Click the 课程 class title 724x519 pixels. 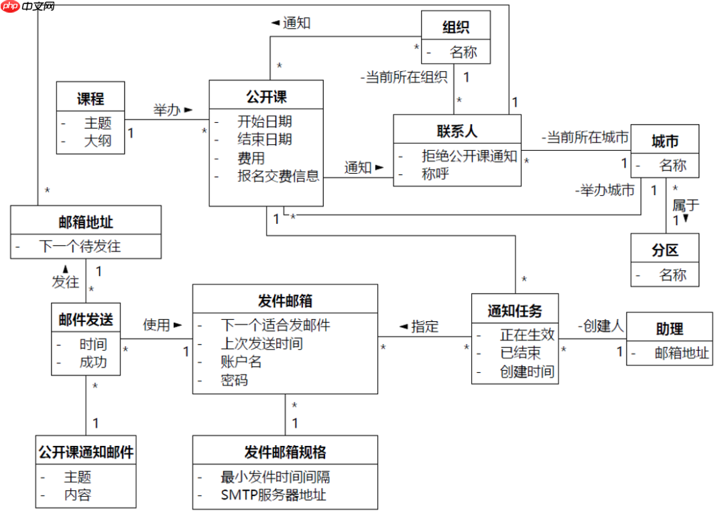[90, 99]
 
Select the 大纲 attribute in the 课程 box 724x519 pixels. [97, 141]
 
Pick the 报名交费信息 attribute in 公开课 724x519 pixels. [278, 176]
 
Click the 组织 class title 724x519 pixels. [455, 27]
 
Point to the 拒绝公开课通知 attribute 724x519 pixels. [469, 156]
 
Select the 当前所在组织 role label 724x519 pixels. [404, 77]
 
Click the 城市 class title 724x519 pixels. [665, 141]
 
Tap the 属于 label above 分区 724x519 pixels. [686, 205]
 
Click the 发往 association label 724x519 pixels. [66, 282]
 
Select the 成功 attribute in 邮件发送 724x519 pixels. [93, 363]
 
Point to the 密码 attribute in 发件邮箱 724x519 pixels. [234, 380]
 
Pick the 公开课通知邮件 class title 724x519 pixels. [86, 452]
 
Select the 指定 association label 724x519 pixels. [424, 327]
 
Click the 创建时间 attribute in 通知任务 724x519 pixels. [527, 371]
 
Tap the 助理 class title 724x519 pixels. [669, 329]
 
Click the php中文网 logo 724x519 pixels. [28, 7]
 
